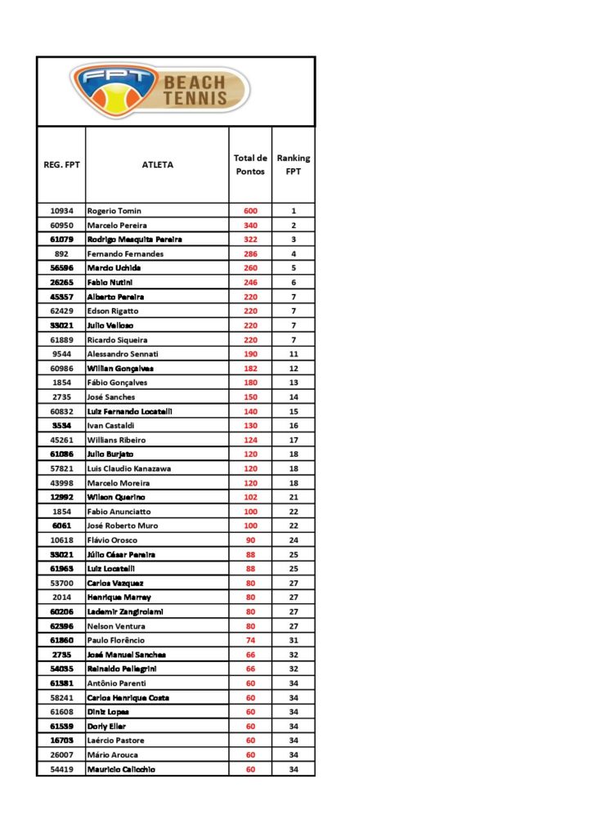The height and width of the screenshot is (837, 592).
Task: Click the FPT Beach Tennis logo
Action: [160, 90]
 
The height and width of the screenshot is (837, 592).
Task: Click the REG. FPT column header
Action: [61, 164]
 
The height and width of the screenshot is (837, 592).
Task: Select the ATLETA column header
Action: [157, 164]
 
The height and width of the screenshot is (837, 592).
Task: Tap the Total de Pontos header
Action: [250, 164]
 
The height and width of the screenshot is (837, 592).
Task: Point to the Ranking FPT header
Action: [293, 164]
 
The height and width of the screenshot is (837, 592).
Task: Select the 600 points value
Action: [250, 211]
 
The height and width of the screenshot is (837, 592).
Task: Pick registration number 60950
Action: [61, 225]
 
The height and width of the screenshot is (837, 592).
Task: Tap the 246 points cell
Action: [250, 282]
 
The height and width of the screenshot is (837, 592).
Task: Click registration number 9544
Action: [61, 354]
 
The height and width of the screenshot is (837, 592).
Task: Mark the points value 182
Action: [250, 369]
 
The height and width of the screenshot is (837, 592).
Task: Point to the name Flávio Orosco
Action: [114, 540]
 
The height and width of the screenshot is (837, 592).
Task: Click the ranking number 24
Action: [293, 540]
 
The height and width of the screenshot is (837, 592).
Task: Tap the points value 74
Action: [250, 640]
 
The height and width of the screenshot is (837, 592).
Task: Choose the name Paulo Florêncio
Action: [120, 640]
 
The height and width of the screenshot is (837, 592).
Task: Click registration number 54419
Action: [61, 769]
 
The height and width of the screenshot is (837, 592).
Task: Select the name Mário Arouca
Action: [113, 754]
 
